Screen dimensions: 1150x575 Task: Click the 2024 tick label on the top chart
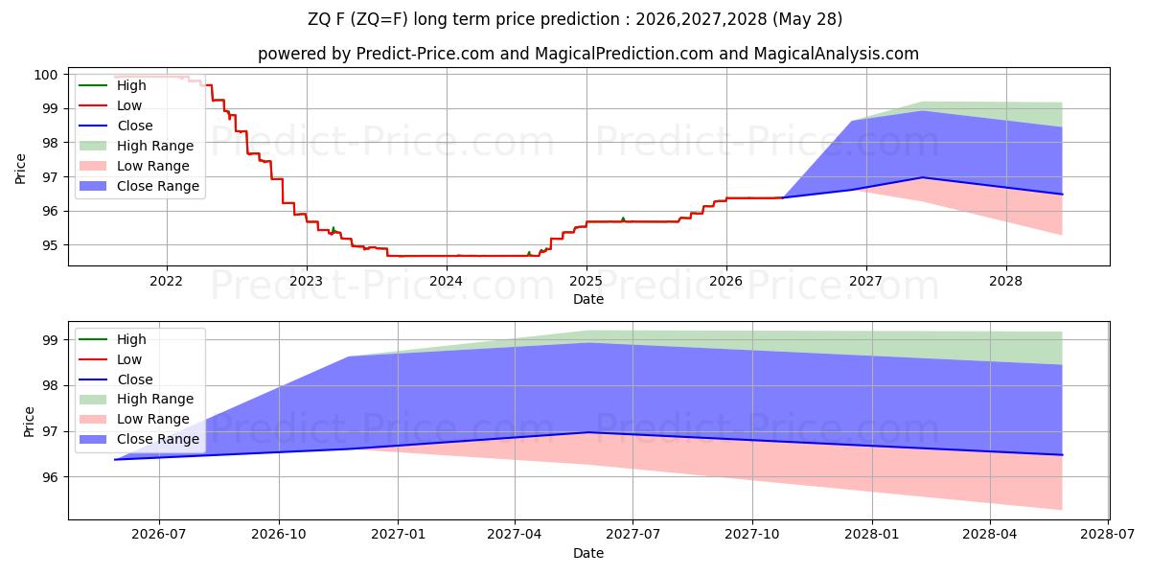[x=446, y=282]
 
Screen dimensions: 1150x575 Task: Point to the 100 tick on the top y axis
[x=45, y=75]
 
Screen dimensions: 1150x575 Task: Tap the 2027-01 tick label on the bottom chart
[x=398, y=535]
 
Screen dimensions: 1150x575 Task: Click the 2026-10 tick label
[x=279, y=535]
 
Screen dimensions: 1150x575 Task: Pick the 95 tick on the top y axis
[x=50, y=245]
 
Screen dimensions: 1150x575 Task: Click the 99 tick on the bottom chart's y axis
[x=50, y=340]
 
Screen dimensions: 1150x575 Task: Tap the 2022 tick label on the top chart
[x=166, y=282]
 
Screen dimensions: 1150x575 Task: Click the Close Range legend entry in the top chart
[x=139, y=186]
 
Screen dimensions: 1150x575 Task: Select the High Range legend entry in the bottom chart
[x=136, y=399]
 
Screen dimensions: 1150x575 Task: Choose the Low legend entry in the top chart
[x=110, y=105]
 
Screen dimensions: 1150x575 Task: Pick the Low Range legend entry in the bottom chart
[x=134, y=419]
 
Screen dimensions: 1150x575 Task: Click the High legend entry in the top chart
[x=112, y=85]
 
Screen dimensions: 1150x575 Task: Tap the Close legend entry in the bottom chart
[x=116, y=379]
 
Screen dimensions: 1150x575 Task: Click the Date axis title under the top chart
[x=588, y=299]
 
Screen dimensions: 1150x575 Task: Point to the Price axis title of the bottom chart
[x=29, y=422]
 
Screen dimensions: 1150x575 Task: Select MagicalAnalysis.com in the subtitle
[x=836, y=54]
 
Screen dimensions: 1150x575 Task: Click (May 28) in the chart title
[x=807, y=19]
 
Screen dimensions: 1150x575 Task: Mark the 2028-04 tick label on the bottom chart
[x=989, y=535]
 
